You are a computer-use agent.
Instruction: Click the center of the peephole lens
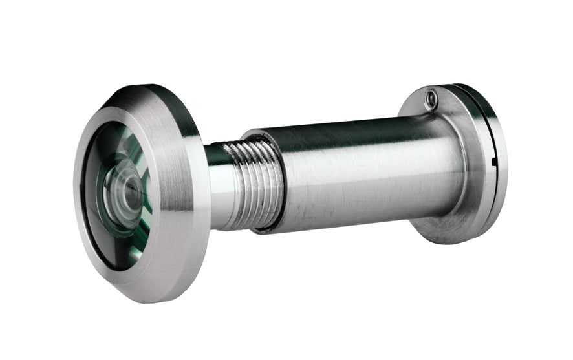click(x=127, y=194)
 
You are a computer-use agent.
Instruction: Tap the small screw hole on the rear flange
click(x=431, y=98)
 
